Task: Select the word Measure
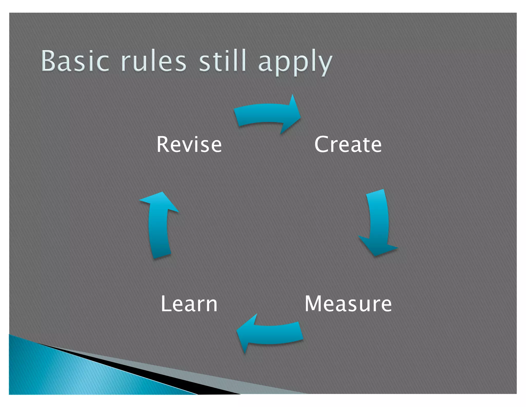(x=348, y=304)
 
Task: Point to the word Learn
(x=189, y=304)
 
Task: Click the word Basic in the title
(x=75, y=61)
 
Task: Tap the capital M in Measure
(x=314, y=304)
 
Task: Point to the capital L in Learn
(x=165, y=304)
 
